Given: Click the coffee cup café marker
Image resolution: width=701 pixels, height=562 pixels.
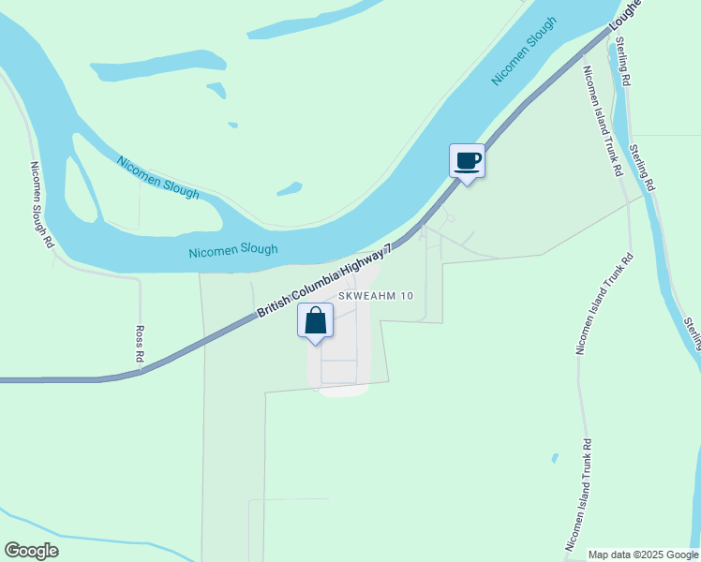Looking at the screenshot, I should pyautogui.click(x=467, y=161).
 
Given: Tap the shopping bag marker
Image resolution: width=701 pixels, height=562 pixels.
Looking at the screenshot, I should pyautogui.click(x=316, y=321).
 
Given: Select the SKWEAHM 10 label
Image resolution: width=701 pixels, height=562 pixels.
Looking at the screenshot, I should pyautogui.click(x=376, y=296).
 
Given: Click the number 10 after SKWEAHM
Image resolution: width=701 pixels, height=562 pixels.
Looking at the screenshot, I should pyautogui.click(x=406, y=296).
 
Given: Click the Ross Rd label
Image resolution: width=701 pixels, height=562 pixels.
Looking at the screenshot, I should pyautogui.click(x=139, y=344).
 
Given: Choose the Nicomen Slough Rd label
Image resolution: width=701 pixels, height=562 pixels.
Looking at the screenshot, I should pyautogui.click(x=41, y=204).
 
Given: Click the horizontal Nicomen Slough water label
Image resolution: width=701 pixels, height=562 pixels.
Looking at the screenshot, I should pyautogui.click(x=233, y=251).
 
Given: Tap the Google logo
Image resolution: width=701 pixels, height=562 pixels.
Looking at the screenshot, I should pyautogui.click(x=31, y=551).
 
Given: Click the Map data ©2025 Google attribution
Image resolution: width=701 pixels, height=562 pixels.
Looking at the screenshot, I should pyautogui.click(x=643, y=555).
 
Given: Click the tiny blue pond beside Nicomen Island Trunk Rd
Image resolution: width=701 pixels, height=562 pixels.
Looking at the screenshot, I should pyautogui.click(x=555, y=458).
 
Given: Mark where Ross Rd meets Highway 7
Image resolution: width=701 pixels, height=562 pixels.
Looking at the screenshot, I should pyautogui.click(x=141, y=368).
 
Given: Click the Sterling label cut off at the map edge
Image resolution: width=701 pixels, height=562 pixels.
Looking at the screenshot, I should pyautogui.click(x=692, y=333).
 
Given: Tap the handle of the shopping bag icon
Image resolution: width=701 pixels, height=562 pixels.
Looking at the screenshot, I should pyautogui.click(x=316, y=312).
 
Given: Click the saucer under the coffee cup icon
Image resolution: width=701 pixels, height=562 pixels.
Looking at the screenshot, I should pyautogui.click(x=467, y=170).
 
